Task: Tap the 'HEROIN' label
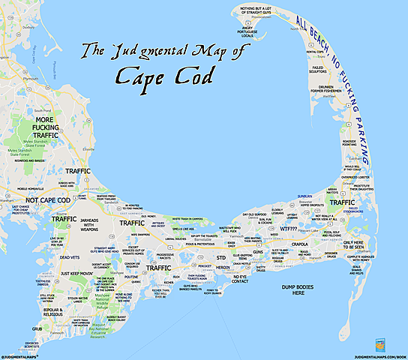pyautogui.click(x=222, y=266)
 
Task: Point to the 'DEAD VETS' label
pyautogui.click(x=70, y=257)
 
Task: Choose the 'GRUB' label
pyautogui.click(x=37, y=328)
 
